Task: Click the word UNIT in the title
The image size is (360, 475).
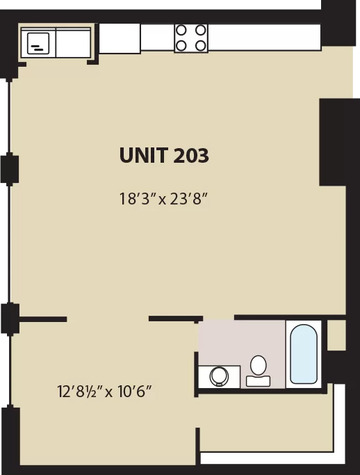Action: pos(144,155)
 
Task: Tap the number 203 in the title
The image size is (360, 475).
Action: pos(191,155)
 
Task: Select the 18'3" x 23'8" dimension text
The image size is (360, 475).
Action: pos(164,199)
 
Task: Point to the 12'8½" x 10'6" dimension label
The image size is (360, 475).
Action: pos(104,392)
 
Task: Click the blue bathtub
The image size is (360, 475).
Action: pos(304,354)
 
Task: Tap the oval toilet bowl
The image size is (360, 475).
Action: pos(259,365)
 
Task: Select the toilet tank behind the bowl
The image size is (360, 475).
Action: pos(259,381)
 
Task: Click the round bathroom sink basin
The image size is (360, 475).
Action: pos(219,376)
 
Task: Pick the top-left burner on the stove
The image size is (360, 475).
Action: pos(181,31)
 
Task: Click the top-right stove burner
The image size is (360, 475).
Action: pos(200,31)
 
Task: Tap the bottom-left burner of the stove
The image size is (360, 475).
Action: pos(181,46)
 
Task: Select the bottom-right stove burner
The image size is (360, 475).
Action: pos(200,46)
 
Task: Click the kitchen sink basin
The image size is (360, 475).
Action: pos(38,43)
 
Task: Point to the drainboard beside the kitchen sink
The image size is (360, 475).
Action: pos(73,42)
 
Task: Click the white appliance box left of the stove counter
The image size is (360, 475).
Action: pos(120,38)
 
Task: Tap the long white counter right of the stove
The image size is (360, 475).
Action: pos(264,37)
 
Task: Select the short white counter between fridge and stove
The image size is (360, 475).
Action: pos(158,37)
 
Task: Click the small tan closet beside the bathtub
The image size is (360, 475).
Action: pos(336,335)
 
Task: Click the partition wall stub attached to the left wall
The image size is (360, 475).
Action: pos(43,319)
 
